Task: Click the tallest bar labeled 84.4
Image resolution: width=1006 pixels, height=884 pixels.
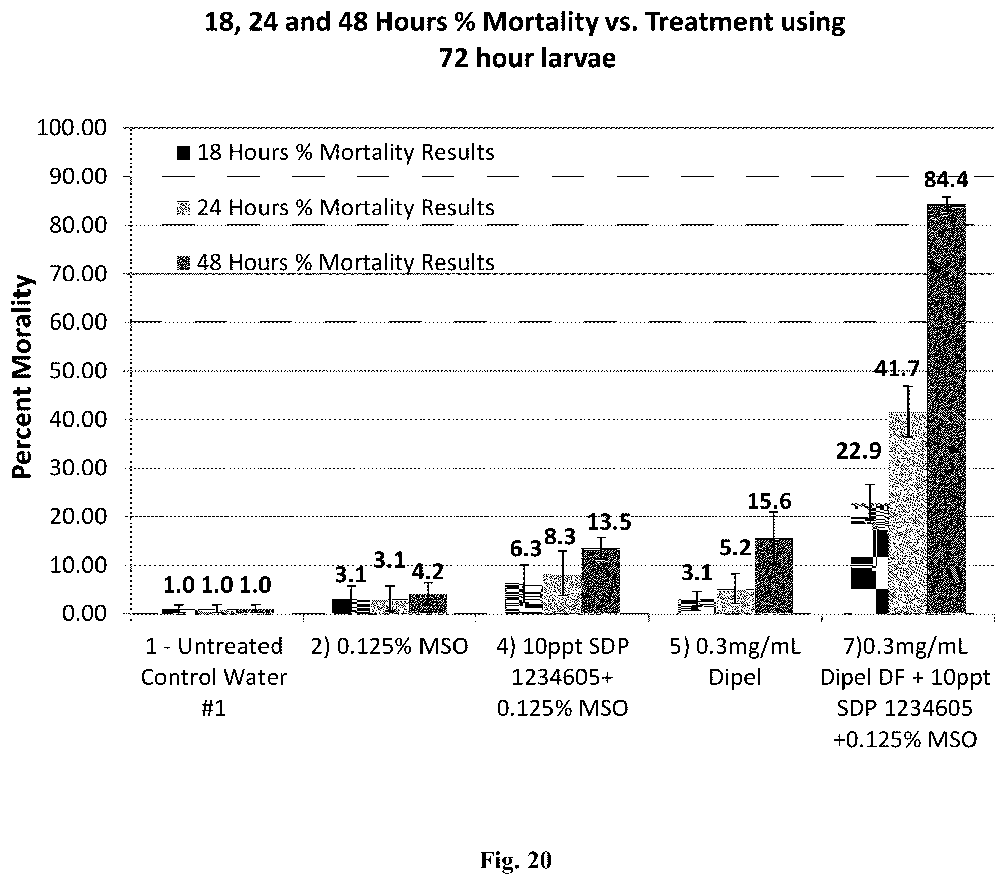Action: click(947, 409)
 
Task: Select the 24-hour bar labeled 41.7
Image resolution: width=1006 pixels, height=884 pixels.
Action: click(908, 513)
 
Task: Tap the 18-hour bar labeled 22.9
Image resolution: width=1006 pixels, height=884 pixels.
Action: click(870, 558)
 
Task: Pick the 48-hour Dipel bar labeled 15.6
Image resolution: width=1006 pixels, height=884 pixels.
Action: click(773, 576)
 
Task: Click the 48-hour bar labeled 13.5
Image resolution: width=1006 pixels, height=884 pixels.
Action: click(601, 581)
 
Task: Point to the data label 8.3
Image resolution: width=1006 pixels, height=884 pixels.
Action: click(560, 537)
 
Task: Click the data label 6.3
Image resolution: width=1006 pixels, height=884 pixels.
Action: click(526, 549)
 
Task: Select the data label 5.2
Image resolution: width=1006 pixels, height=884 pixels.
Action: click(735, 548)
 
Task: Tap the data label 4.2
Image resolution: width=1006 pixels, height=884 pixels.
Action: click(428, 572)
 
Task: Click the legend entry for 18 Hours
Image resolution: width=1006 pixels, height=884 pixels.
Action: click(336, 152)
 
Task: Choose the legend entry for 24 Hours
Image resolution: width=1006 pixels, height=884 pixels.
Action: click(336, 208)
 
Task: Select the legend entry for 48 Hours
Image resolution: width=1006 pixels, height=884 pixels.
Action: click(336, 263)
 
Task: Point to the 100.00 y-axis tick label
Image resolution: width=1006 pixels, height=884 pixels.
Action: click(72, 127)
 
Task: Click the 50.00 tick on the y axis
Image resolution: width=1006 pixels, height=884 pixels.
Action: click(78, 371)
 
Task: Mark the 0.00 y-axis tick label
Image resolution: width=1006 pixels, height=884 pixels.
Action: click(84, 614)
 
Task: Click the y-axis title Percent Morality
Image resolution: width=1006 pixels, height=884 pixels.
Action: click(23, 377)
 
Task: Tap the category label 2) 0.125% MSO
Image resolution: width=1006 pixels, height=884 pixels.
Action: click(390, 647)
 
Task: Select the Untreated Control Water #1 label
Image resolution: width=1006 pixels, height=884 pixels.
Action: click(214, 677)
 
